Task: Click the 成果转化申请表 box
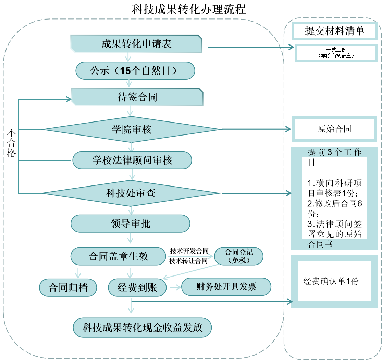pos(136,44)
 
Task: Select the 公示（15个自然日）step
pos(135,71)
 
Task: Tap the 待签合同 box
pos(137,97)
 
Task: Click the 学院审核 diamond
pos(132,129)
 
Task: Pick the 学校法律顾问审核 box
pos(132,160)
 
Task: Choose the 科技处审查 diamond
pos(131,193)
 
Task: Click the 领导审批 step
pos(130,224)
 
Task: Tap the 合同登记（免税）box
pos(239,256)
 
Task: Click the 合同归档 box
pos(68,287)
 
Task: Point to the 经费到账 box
pos(137,287)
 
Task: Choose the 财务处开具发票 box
pos(226,287)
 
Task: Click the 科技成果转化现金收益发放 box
pos(142,327)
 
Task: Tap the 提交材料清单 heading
pos(334,31)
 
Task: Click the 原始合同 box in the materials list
pos(334,129)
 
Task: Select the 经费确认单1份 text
pos(331,281)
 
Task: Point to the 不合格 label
pos(12,143)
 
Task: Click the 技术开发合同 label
pos(189,251)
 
